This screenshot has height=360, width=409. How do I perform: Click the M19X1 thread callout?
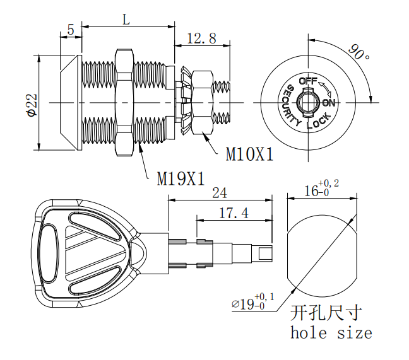[x=181, y=178]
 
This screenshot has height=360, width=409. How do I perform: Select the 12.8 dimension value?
[x=201, y=38]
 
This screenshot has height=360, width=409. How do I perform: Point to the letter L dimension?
[x=126, y=20]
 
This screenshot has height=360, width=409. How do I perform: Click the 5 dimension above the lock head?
[x=70, y=29]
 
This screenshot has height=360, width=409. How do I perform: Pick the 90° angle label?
[x=360, y=53]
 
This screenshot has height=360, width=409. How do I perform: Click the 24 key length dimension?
[x=220, y=192]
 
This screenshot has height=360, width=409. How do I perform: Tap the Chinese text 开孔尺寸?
[x=328, y=313]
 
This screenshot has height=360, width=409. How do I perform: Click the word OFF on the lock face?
[x=307, y=81]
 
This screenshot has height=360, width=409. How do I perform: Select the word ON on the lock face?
[x=329, y=103]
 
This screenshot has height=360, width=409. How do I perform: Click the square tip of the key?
[x=265, y=253]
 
